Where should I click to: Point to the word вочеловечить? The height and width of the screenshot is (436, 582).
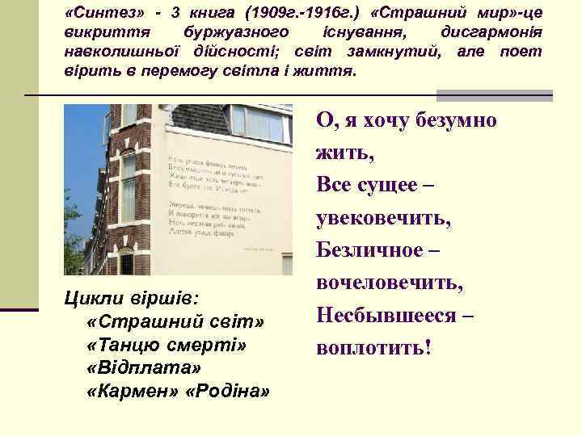tap(390, 283)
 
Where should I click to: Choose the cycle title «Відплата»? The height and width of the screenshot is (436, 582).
tap(139, 368)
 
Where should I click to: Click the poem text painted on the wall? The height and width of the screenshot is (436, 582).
tap(211, 193)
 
